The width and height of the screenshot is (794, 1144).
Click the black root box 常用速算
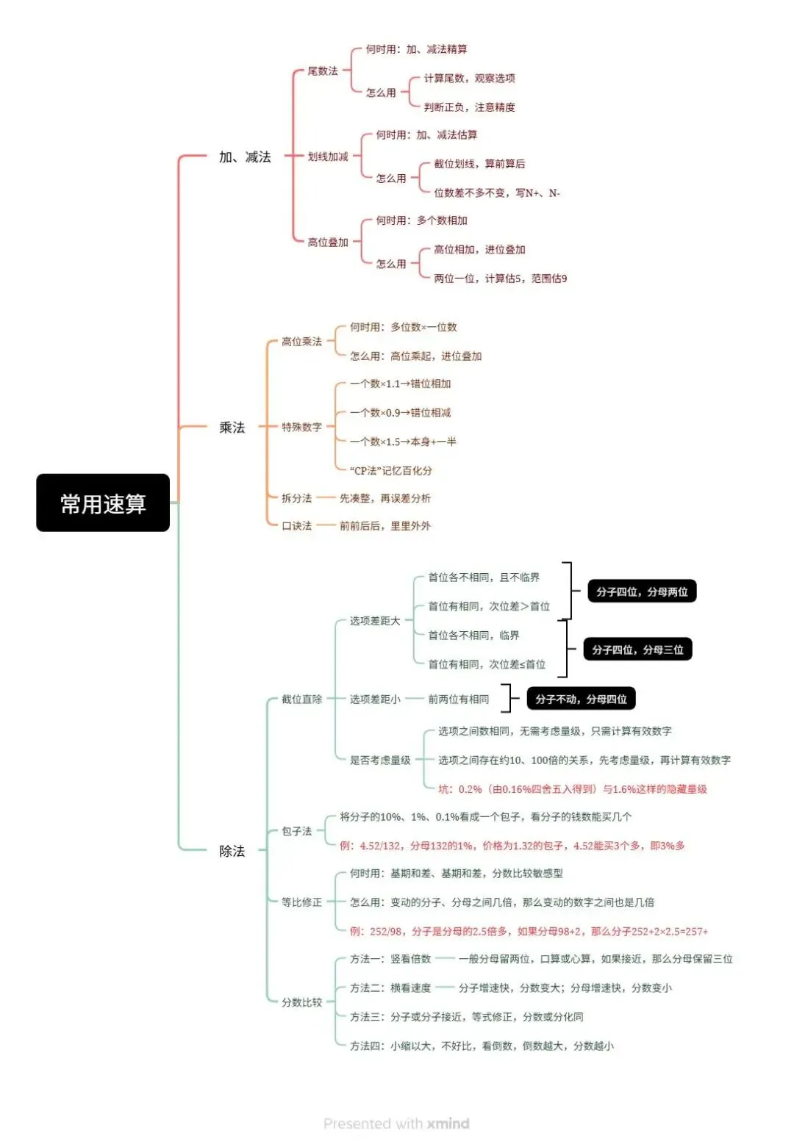point(103,503)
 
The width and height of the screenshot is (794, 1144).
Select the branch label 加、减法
point(245,157)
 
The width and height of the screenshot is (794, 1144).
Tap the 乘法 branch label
point(232,427)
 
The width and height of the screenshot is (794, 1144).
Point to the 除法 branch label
point(232,851)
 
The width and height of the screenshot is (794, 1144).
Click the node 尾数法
point(322,71)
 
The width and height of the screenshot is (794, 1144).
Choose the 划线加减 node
point(327,157)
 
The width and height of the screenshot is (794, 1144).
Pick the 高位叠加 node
point(327,242)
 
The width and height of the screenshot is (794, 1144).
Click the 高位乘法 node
point(301,342)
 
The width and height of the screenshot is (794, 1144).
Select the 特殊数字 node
point(301,427)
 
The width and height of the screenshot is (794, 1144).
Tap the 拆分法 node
point(296,498)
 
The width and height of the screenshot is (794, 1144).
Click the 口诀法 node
point(296,526)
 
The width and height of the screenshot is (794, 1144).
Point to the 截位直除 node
point(301,699)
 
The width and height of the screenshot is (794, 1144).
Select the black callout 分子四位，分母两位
point(642,591)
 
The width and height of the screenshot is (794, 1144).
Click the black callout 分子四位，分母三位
point(637,650)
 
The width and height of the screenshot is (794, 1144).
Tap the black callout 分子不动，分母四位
point(581,699)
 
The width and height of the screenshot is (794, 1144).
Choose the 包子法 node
point(296,831)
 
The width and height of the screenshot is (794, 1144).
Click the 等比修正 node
point(301,902)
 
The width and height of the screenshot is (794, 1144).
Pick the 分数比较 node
point(301,1002)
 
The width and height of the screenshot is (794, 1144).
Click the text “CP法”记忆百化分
point(390,470)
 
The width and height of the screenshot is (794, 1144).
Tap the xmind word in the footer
point(448,1123)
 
